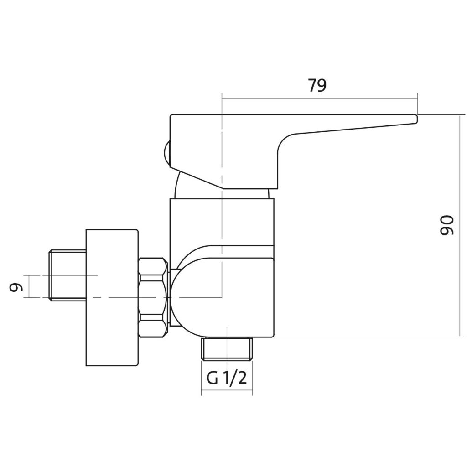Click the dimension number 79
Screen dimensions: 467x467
pyautogui.click(x=317, y=85)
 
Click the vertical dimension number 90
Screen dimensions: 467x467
pyautogui.click(x=447, y=225)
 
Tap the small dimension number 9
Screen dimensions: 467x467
pyautogui.click(x=16, y=287)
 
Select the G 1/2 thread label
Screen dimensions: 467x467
pyautogui.click(x=227, y=378)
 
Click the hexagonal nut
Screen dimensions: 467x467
pyautogui.click(x=153, y=298)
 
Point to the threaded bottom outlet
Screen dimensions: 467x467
pyautogui.click(x=227, y=348)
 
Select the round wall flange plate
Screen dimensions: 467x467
pyautogui.click(x=112, y=297)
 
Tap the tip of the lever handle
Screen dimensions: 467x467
pyautogui.click(x=417, y=119)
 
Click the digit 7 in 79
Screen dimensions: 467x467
pyautogui.click(x=312, y=85)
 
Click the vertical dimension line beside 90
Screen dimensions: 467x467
pyautogui.click(x=461, y=226)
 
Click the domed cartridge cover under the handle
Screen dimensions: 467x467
pyautogui.click(x=222, y=185)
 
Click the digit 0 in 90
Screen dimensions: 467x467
pyautogui.click(x=447, y=230)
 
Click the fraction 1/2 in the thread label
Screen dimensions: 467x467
pyautogui.click(x=236, y=378)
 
